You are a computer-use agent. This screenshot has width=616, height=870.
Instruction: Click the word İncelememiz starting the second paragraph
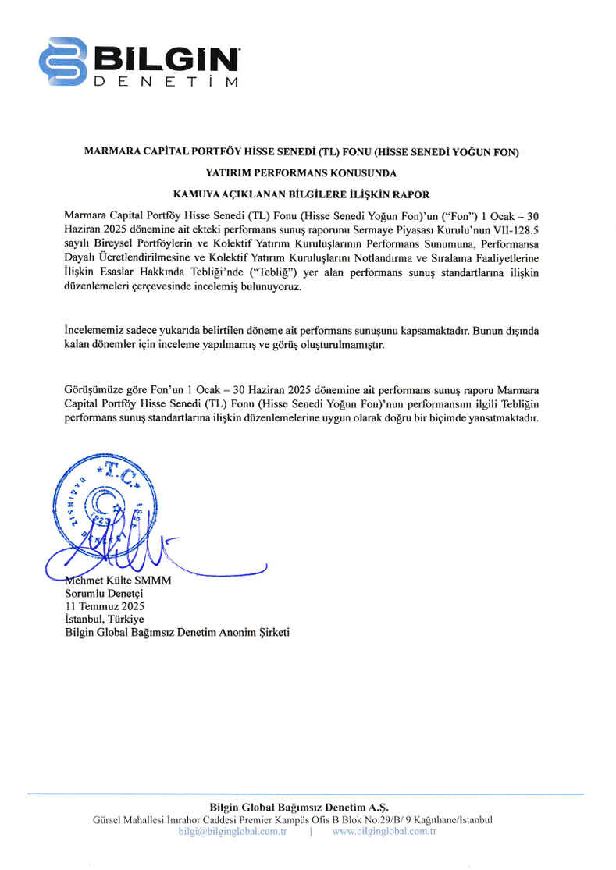point(94,331)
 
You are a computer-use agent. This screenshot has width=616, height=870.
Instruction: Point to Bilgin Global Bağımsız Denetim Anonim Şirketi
point(177,632)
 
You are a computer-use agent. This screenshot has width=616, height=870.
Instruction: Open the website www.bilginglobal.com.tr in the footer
point(383,831)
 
